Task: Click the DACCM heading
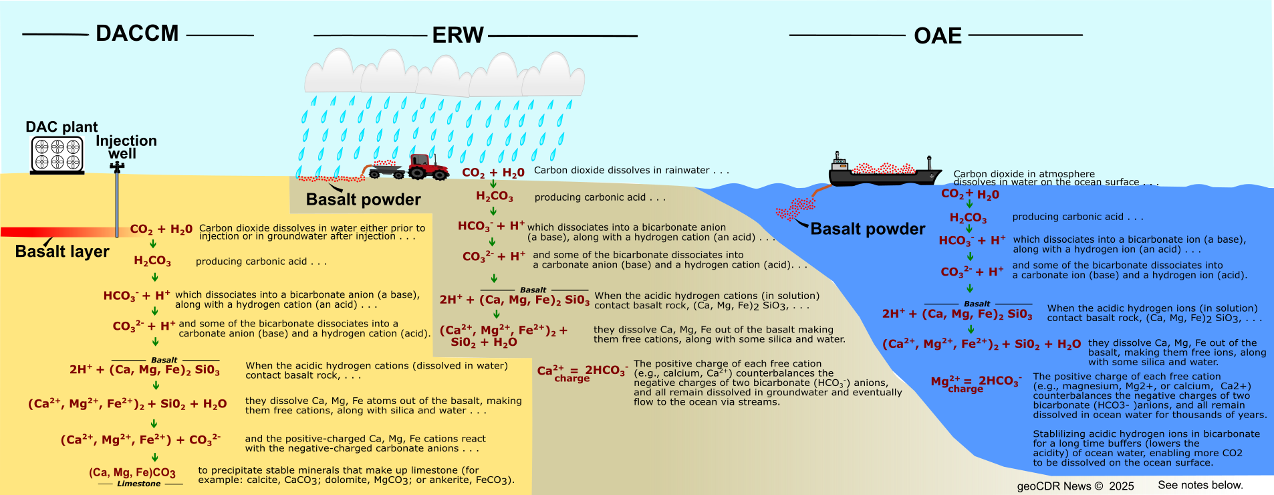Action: (137, 33)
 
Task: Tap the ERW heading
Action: (458, 35)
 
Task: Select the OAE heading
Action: (938, 36)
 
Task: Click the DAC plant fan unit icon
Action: (57, 154)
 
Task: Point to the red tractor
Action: (428, 167)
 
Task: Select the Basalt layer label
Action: (62, 252)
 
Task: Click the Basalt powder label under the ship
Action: (868, 229)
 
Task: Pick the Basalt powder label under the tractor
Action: (363, 199)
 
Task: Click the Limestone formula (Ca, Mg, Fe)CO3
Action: (132, 473)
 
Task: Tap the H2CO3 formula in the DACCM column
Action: (152, 261)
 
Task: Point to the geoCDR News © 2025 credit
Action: (1075, 486)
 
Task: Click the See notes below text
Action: (1199, 485)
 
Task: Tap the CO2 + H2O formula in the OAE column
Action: (970, 194)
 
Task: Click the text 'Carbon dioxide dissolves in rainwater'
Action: (630, 171)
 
